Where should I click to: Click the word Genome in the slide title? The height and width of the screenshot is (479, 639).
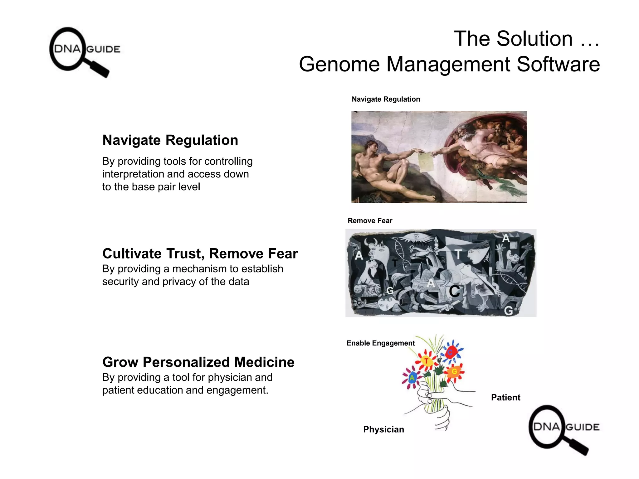pos(339,64)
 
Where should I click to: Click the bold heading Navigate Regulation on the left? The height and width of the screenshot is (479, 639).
pos(170,140)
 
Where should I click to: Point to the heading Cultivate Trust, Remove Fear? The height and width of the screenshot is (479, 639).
pos(200,254)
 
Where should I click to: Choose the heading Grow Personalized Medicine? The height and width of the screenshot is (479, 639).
pos(198,362)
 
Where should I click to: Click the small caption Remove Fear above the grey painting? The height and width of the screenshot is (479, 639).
pos(370,221)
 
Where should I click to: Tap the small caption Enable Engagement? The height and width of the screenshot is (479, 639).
pos(380,343)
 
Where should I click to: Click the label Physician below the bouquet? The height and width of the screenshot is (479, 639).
pos(383,429)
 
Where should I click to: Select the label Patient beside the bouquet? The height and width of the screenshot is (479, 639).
pos(505,398)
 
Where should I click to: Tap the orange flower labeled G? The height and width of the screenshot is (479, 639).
pos(454,371)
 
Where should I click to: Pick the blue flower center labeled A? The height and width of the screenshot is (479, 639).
pos(412,378)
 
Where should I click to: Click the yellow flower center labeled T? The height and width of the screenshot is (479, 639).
pos(426,361)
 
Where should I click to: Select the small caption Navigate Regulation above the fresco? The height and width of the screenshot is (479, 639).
pos(386,99)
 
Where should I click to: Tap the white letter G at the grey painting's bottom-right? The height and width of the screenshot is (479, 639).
pos(508,311)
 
